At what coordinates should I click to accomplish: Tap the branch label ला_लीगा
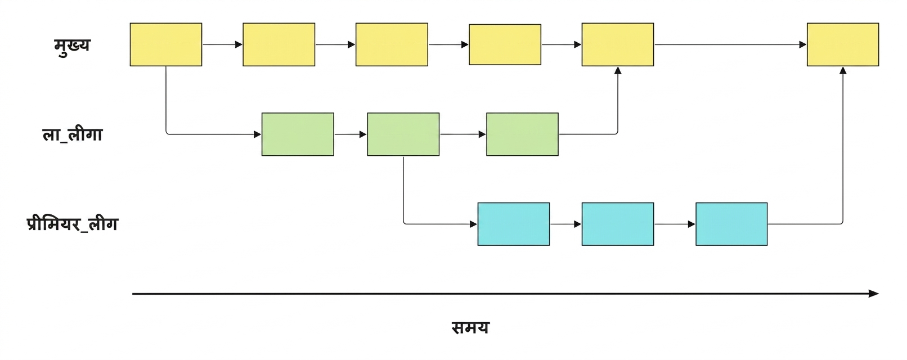coord(72,134)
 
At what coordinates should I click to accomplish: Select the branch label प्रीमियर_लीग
coord(72,223)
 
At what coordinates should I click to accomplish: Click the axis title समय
coord(470,327)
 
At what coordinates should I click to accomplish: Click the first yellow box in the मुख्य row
coord(166,44)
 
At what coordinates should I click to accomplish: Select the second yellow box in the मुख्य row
coord(279,44)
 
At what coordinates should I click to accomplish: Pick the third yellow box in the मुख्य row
coord(392,44)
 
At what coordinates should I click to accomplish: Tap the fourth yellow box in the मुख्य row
coord(505,44)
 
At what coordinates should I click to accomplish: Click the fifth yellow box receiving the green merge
coord(617,44)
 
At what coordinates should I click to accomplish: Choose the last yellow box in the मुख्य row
coord(843,44)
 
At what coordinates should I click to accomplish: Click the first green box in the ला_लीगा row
coord(298,134)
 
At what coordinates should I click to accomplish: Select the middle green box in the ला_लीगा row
coord(403,134)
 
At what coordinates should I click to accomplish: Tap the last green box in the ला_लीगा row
coord(522,134)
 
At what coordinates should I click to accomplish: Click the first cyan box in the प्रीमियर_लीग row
coord(514,224)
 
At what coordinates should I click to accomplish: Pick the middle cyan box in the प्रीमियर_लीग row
coord(617,224)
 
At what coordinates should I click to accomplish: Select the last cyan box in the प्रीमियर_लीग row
coord(731,224)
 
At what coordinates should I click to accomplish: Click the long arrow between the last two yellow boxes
coord(730,44)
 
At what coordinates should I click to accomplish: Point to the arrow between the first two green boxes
coord(351,134)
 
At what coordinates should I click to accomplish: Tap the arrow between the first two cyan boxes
coord(565,224)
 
